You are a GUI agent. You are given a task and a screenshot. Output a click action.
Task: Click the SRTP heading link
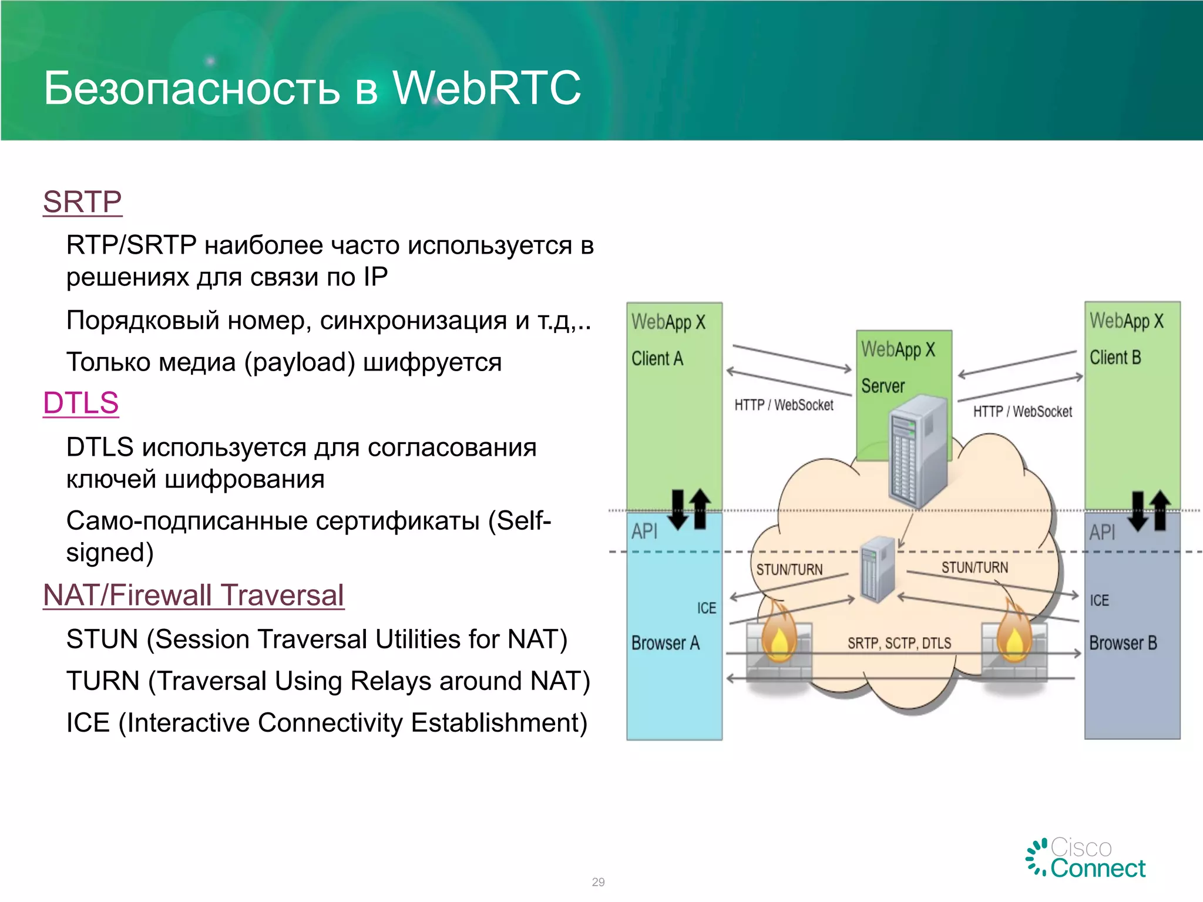tap(82, 202)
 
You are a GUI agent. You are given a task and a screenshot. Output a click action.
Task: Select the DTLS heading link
tap(81, 403)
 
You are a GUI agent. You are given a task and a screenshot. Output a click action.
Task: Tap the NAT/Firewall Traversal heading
tap(193, 595)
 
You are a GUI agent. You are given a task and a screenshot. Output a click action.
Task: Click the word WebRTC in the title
tap(486, 88)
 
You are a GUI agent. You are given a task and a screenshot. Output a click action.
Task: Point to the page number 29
tap(598, 882)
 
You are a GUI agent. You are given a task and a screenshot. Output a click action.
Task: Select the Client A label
tap(657, 358)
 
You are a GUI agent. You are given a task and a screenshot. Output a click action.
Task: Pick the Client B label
tap(1115, 357)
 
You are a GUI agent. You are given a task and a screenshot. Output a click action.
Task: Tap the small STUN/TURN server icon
tap(877, 569)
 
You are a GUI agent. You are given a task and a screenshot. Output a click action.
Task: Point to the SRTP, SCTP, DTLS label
tap(899, 644)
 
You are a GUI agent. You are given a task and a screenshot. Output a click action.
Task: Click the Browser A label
tap(666, 643)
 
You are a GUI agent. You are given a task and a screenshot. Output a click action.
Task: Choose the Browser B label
tap(1123, 643)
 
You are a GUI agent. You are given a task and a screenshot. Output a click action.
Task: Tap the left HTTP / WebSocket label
tap(784, 405)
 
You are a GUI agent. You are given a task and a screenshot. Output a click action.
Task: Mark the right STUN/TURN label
tap(975, 567)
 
